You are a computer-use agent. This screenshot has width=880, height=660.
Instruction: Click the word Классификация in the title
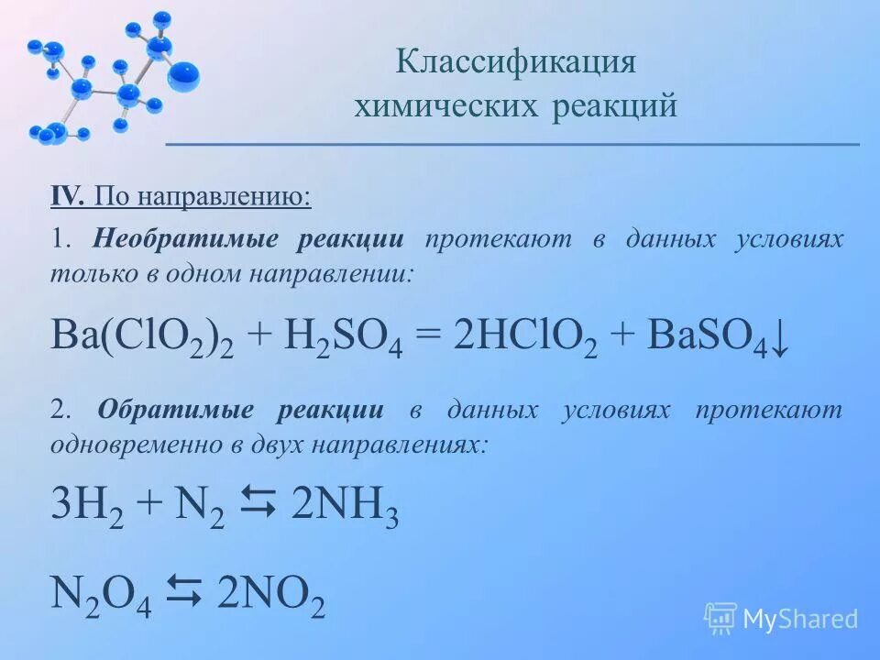click(515, 62)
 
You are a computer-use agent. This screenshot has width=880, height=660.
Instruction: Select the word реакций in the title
click(615, 106)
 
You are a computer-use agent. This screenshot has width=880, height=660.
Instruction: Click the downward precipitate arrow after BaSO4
click(778, 339)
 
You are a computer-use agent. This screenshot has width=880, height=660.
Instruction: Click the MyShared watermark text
click(800, 620)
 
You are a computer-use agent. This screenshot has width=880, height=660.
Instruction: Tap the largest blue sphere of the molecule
click(183, 75)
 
